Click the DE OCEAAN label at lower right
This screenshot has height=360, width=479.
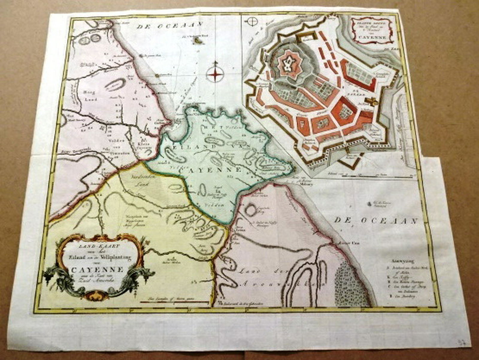(376, 221)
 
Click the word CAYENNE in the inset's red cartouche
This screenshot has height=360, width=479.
(371, 38)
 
